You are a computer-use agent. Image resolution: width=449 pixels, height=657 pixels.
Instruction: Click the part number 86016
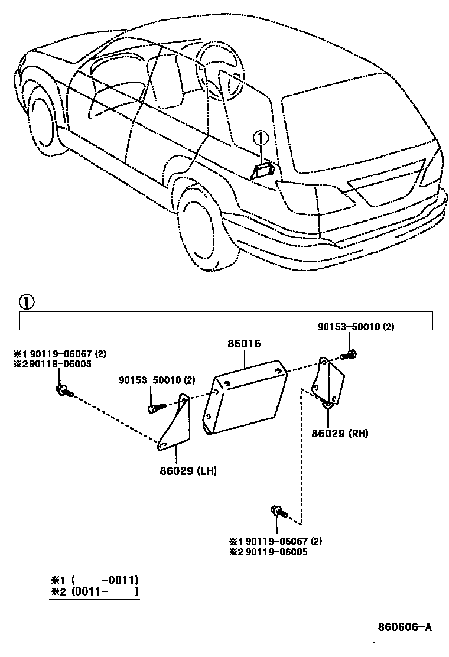pyautogui.click(x=244, y=344)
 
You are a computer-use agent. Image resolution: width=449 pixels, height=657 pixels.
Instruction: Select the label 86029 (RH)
pyautogui.click(x=340, y=433)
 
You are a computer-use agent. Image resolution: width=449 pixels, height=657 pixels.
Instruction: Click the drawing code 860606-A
pyautogui.click(x=405, y=627)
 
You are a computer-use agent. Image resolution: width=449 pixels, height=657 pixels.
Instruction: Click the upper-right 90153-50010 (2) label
pyautogui.click(x=355, y=327)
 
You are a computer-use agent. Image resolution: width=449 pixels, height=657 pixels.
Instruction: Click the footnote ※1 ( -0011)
pyautogui.click(x=95, y=580)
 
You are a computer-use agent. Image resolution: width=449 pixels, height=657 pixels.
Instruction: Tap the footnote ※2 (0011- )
pyautogui.click(x=95, y=591)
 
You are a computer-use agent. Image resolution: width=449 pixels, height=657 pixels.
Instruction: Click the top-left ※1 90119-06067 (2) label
pyautogui.click(x=60, y=354)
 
